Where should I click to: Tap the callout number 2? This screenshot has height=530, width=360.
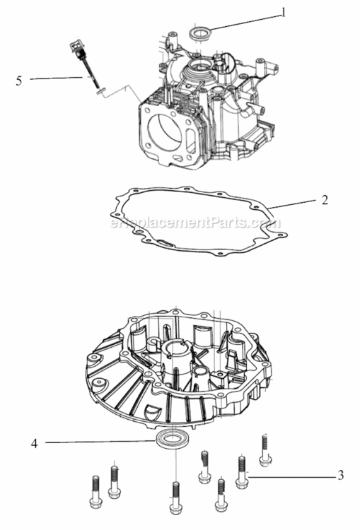324,200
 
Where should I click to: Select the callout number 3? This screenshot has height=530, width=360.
340,475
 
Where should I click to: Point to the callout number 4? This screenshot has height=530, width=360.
34,444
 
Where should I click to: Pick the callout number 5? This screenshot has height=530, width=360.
19,80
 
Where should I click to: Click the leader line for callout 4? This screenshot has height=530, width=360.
99,443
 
